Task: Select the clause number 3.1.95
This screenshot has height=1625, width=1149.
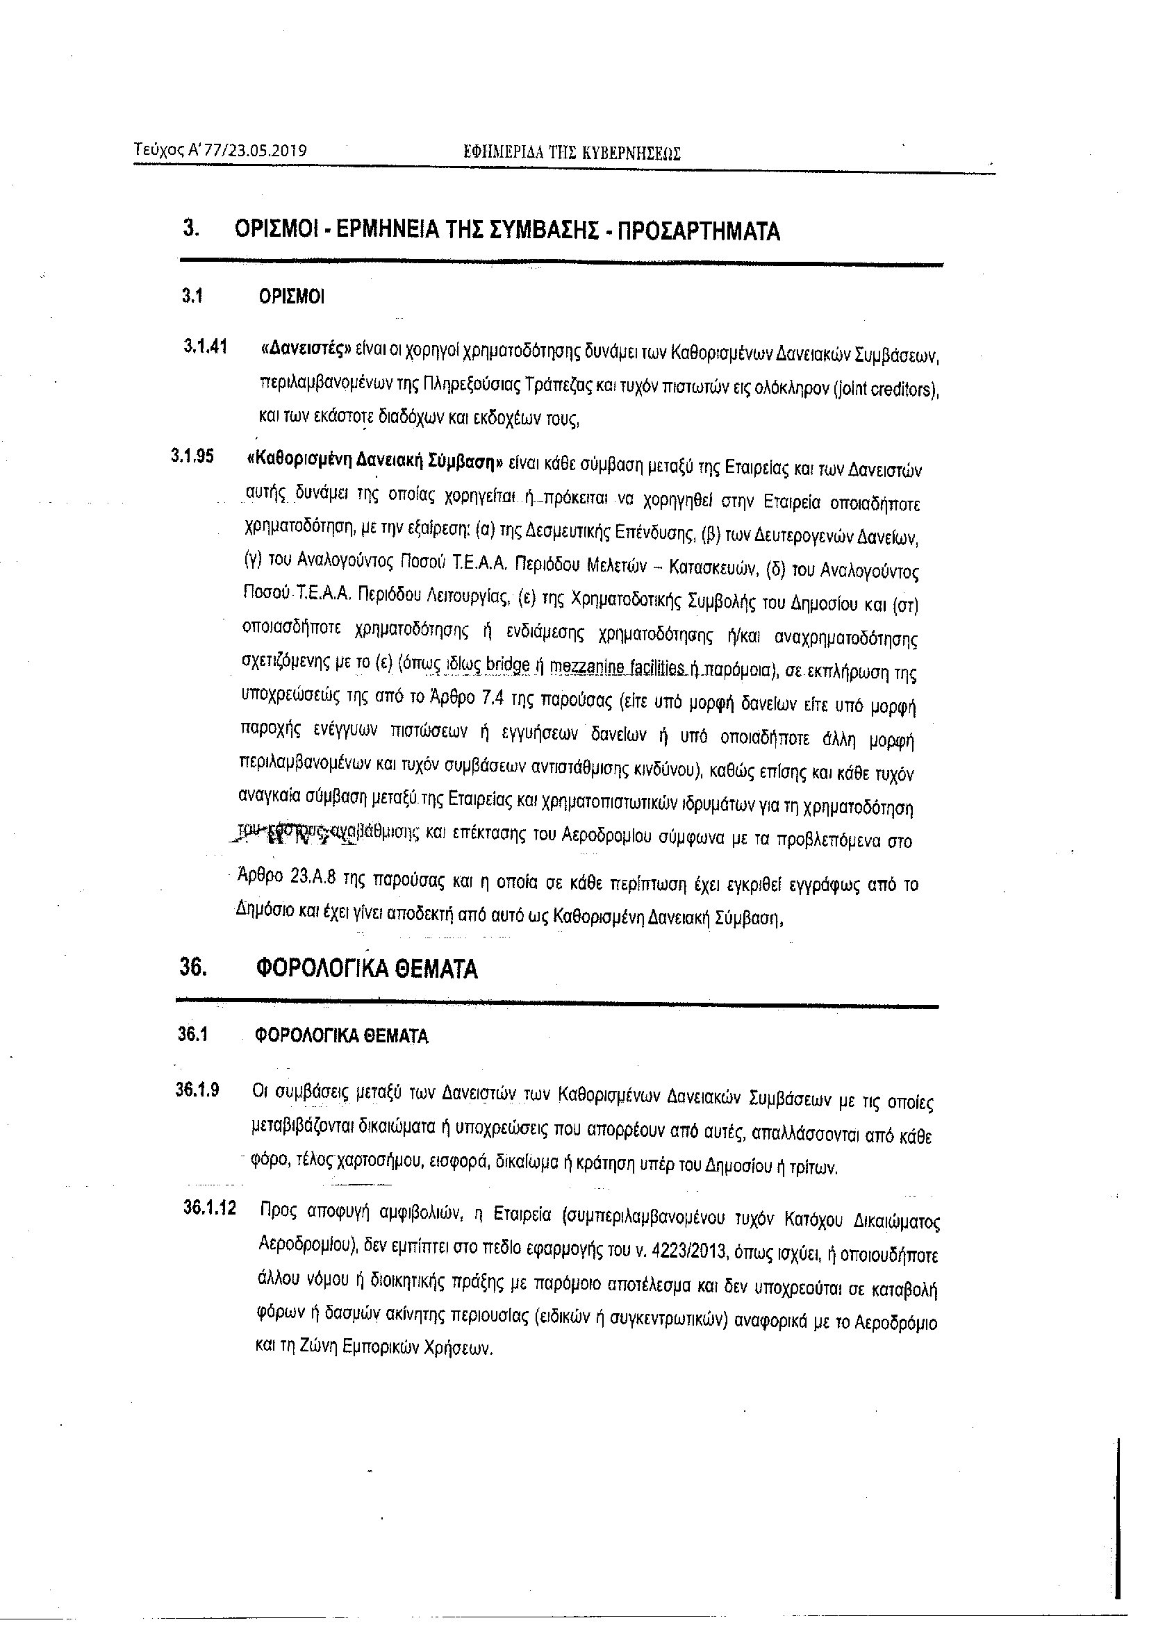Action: tap(192, 456)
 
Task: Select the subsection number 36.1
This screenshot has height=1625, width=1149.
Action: tap(192, 1035)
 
